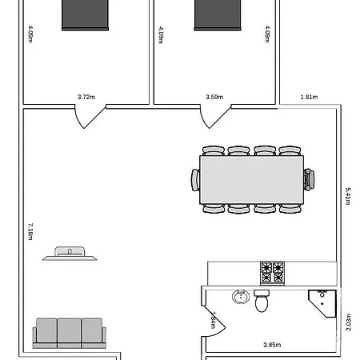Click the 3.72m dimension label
point(86,97)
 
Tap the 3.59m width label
point(214,97)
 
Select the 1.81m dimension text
point(309,97)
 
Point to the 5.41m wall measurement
point(348,197)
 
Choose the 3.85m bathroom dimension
point(272,345)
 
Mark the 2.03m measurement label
point(348,321)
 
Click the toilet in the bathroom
point(262,302)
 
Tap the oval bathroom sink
point(240,298)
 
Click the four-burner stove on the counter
point(272,273)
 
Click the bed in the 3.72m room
point(86,14)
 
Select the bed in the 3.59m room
point(218,14)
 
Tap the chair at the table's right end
point(309,179)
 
